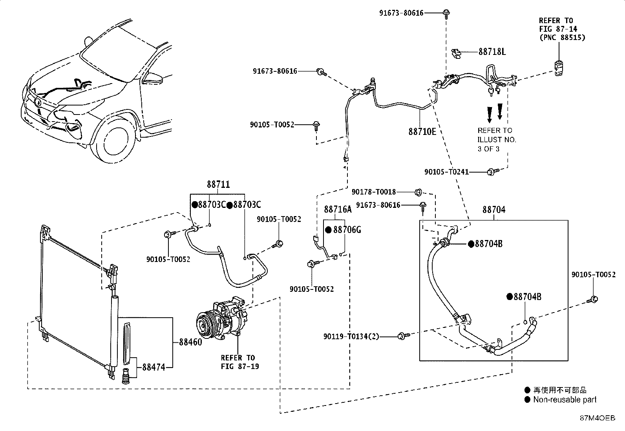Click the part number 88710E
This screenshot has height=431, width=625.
click(x=422, y=132)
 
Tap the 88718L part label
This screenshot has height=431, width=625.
click(x=492, y=52)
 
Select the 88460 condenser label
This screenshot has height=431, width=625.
click(x=190, y=342)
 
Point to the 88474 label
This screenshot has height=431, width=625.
click(x=154, y=367)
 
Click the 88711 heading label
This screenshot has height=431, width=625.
click(x=218, y=184)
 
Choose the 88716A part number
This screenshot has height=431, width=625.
click(x=338, y=209)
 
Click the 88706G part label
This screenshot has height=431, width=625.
click(x=347, y=230)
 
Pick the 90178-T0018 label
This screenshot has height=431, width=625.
click(x=374, y=192)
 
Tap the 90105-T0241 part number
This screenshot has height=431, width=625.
click(x=446, y=172)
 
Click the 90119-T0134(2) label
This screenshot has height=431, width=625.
click(x=351, y=336)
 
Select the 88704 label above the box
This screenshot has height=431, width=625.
click(x=494, y=210)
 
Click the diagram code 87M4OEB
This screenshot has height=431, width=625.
click(x=598, y=418)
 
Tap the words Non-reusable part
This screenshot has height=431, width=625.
click(x=565, y=400)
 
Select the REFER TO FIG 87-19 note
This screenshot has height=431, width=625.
click(x=240, y=362)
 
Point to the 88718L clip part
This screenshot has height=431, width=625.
click(x=456, y=53)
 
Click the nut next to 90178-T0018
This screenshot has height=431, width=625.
click(x=418, y=192)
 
